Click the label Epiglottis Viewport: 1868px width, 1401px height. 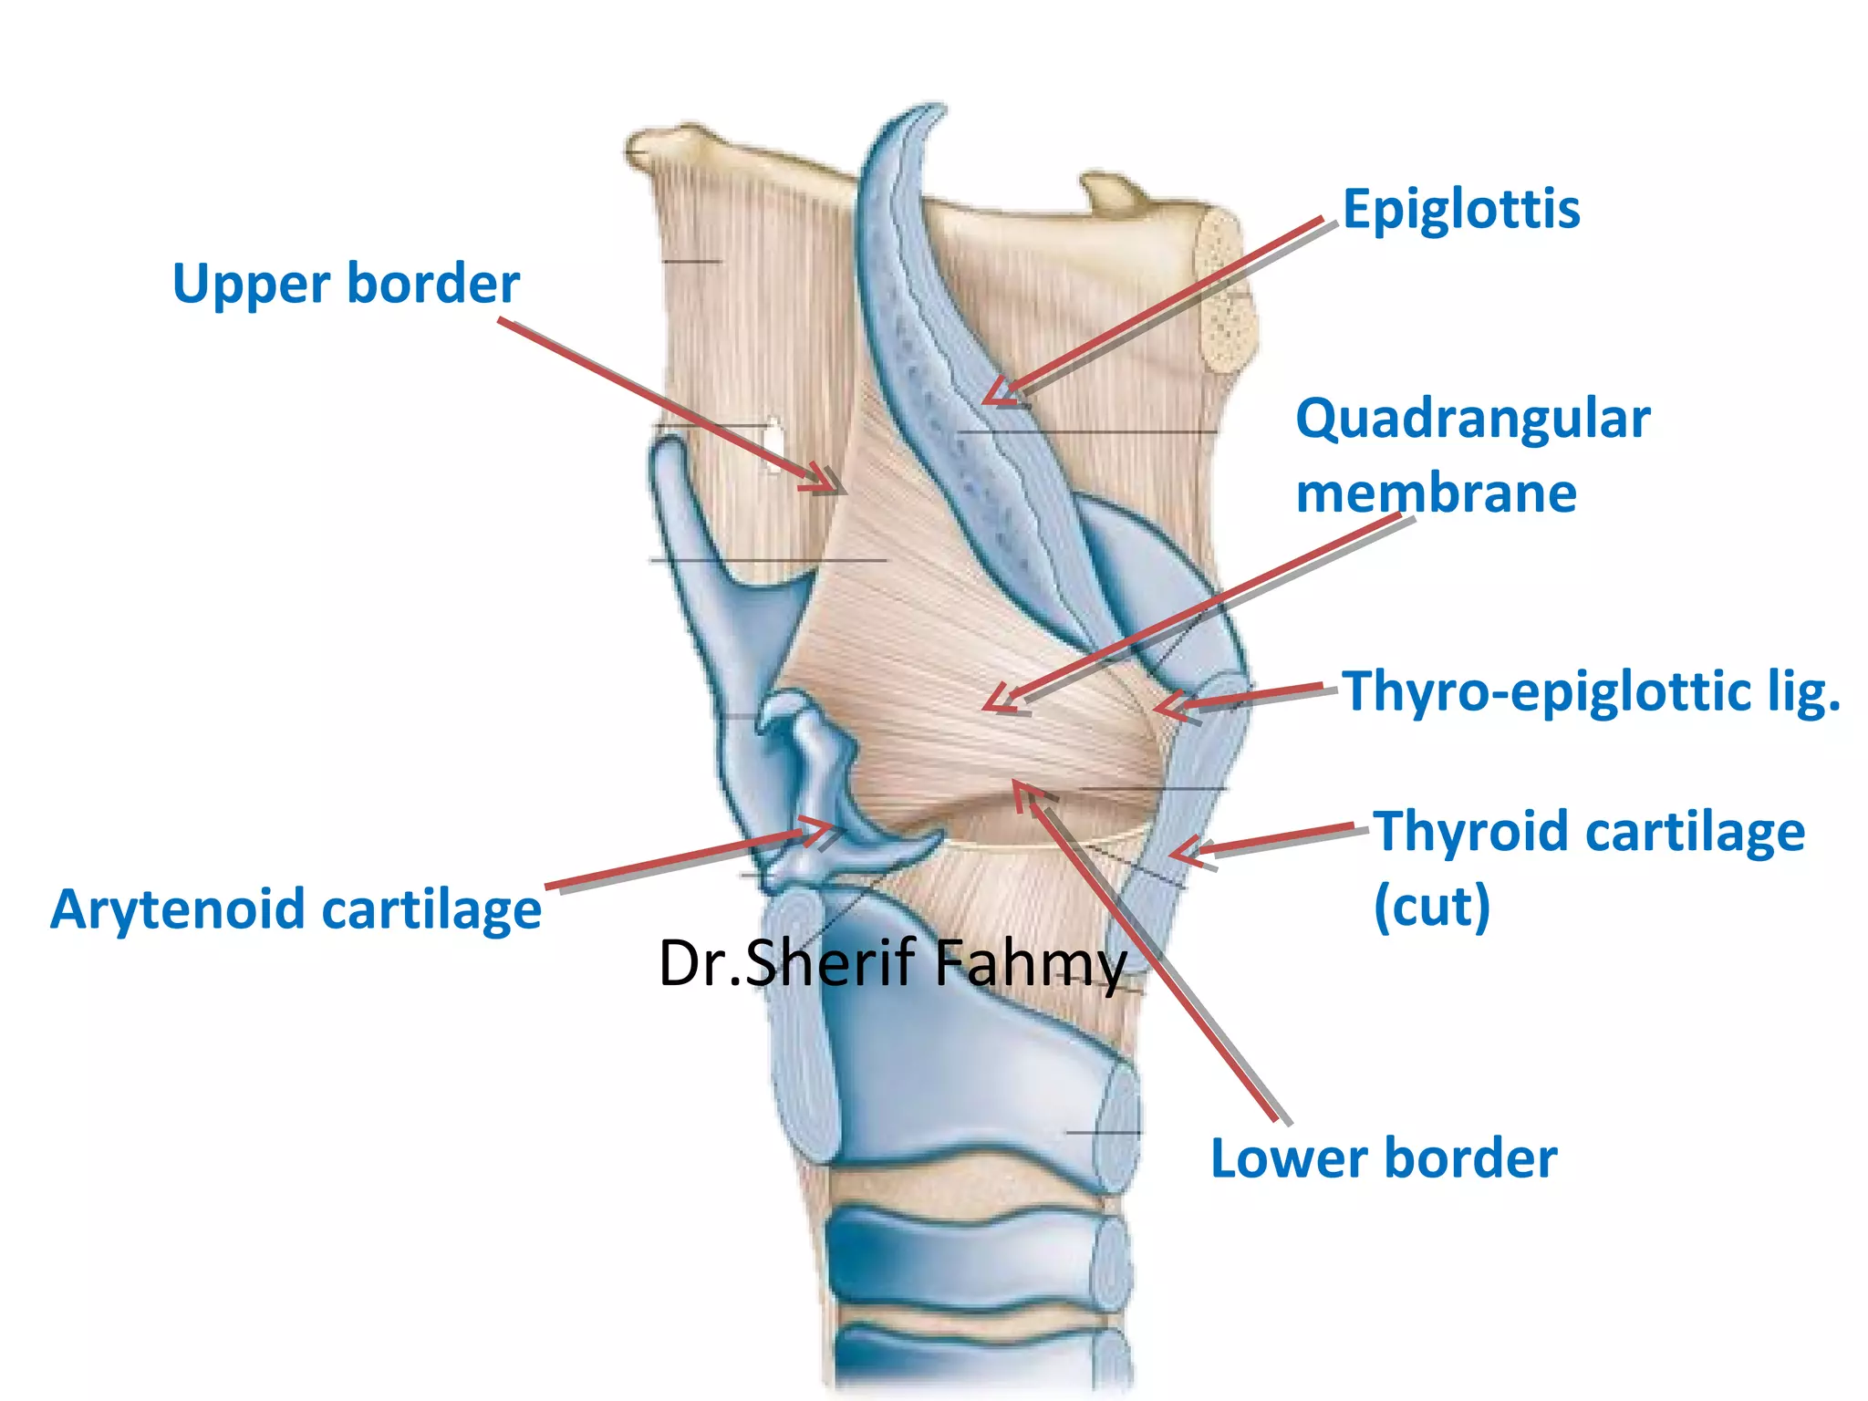[x=1461, y=210]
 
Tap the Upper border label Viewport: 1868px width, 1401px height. [x=346, y=284]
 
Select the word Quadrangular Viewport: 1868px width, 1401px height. [x=1472, y=420]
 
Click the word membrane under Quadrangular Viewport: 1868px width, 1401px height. [x=1436, y=493]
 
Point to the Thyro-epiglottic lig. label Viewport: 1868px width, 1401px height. [x=1591, y=691]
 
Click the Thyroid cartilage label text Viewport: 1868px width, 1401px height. [x=1589, y=832]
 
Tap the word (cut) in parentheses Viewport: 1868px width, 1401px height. [x=1431, y=906]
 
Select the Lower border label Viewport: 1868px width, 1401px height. [x=1383, y=1158]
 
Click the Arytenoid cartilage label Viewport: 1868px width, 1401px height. [x=296, y=909]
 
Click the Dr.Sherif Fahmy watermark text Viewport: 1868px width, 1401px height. [x=892, y=963]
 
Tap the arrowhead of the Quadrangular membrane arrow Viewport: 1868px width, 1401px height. [x=993, y=704]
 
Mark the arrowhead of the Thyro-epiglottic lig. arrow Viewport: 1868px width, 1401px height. [x=1160, y=708]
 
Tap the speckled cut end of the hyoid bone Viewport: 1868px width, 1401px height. [x=1225, y=292]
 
